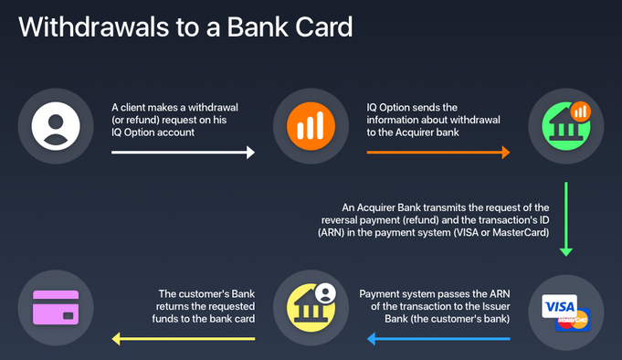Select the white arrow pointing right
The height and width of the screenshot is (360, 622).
183,153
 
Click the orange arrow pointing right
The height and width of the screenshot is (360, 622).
438,153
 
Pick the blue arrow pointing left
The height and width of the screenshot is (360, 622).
438,339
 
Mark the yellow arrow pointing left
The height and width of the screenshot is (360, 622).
183,339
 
